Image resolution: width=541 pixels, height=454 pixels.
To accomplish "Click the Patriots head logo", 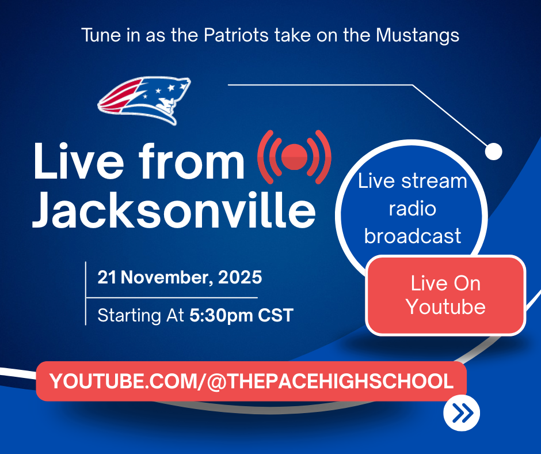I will point(145,100).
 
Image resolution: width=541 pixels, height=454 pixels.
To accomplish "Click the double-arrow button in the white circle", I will point(462,413).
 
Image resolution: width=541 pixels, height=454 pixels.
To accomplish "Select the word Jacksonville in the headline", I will point(174,211).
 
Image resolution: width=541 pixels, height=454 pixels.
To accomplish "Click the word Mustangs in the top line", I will point(418,35).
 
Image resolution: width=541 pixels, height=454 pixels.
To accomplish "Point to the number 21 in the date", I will point(107,278).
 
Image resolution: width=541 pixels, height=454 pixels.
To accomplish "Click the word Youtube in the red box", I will point(445,307).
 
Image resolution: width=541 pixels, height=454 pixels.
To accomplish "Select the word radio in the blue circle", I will point(413,209).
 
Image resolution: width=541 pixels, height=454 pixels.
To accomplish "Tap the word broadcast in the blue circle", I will point(413,236).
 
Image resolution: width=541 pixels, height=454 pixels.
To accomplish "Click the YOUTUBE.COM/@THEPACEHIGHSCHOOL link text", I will point(252,381).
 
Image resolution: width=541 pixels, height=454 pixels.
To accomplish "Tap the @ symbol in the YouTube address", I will point(214,381).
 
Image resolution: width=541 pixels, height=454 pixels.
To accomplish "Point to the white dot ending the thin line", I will point(493,152).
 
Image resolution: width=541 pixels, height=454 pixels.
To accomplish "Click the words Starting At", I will point(140,316).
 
